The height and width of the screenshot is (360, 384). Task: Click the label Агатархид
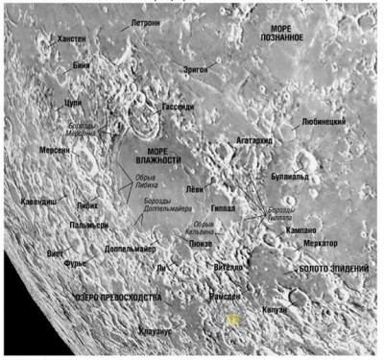click(x=252, y=140)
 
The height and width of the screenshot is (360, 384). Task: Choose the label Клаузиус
click(x=156, y=330)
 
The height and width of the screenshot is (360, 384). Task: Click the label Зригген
click(x=201, y=70)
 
